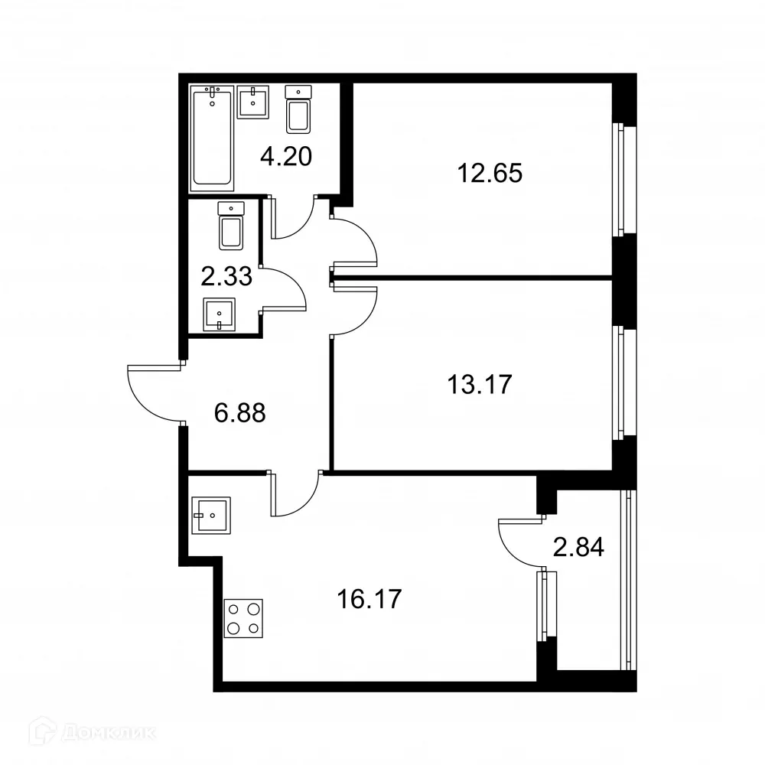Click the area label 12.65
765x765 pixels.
(490, 174)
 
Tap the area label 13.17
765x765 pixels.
(480, 382)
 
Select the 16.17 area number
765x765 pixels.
(369, 598)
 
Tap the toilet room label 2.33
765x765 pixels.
(226, 275)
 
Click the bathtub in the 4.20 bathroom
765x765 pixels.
(212, 137)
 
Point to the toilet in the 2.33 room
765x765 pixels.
(231, 225)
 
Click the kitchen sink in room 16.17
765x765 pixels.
(211, 515)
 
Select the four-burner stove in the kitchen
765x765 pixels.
(243, 619)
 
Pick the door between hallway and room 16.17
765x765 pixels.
(295, 493)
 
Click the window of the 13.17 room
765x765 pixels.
(623, 382)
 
